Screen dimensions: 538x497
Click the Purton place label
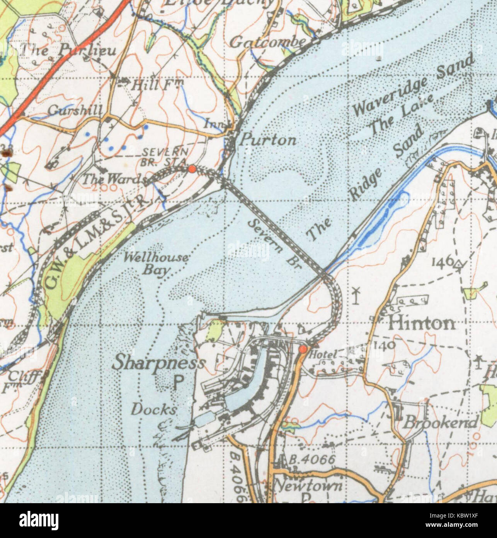267,140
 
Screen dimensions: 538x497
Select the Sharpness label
159,363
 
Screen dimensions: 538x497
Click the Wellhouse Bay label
157,263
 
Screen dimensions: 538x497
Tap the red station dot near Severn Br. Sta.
191,169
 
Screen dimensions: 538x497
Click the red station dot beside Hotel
303,350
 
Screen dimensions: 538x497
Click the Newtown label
308,485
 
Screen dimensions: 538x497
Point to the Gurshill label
75,111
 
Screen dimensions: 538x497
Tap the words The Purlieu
68,50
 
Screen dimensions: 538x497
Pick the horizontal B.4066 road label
312,460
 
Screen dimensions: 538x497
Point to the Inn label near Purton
211,124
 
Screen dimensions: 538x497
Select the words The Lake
401,115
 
